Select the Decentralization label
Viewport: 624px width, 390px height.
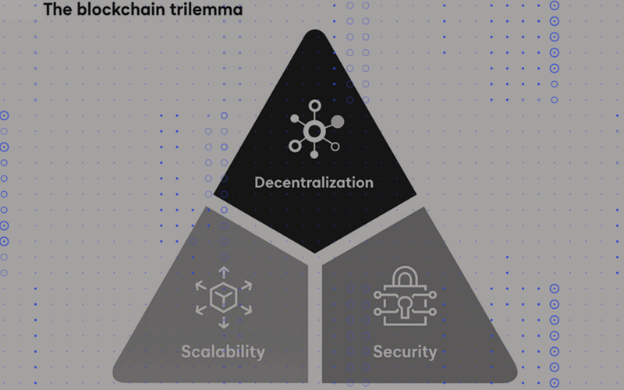(x=314, y=183)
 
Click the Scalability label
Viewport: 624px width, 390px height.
(x=223, y=352)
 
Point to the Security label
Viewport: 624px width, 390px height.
(x=405, y=352)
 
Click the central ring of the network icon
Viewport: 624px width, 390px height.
(x=314, y=131)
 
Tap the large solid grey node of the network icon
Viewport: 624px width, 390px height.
(x=338, y=122)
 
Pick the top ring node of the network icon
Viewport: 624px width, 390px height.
(x=315, y=106)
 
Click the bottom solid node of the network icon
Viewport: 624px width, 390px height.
(x=314, y=154)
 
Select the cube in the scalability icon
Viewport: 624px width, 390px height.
(x=223, y=297)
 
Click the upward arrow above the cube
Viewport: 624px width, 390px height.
(x=224, y=271)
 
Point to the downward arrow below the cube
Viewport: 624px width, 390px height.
(x=224, y=323)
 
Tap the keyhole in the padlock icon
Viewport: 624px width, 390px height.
(x=405, y=307)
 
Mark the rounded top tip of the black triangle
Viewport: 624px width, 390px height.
(x=315, y=30)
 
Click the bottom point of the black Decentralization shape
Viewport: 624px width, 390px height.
(x=314, y=252)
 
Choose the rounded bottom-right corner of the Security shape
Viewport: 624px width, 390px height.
(x=512, y=376)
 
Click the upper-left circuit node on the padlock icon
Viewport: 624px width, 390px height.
(x=378, y=295)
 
